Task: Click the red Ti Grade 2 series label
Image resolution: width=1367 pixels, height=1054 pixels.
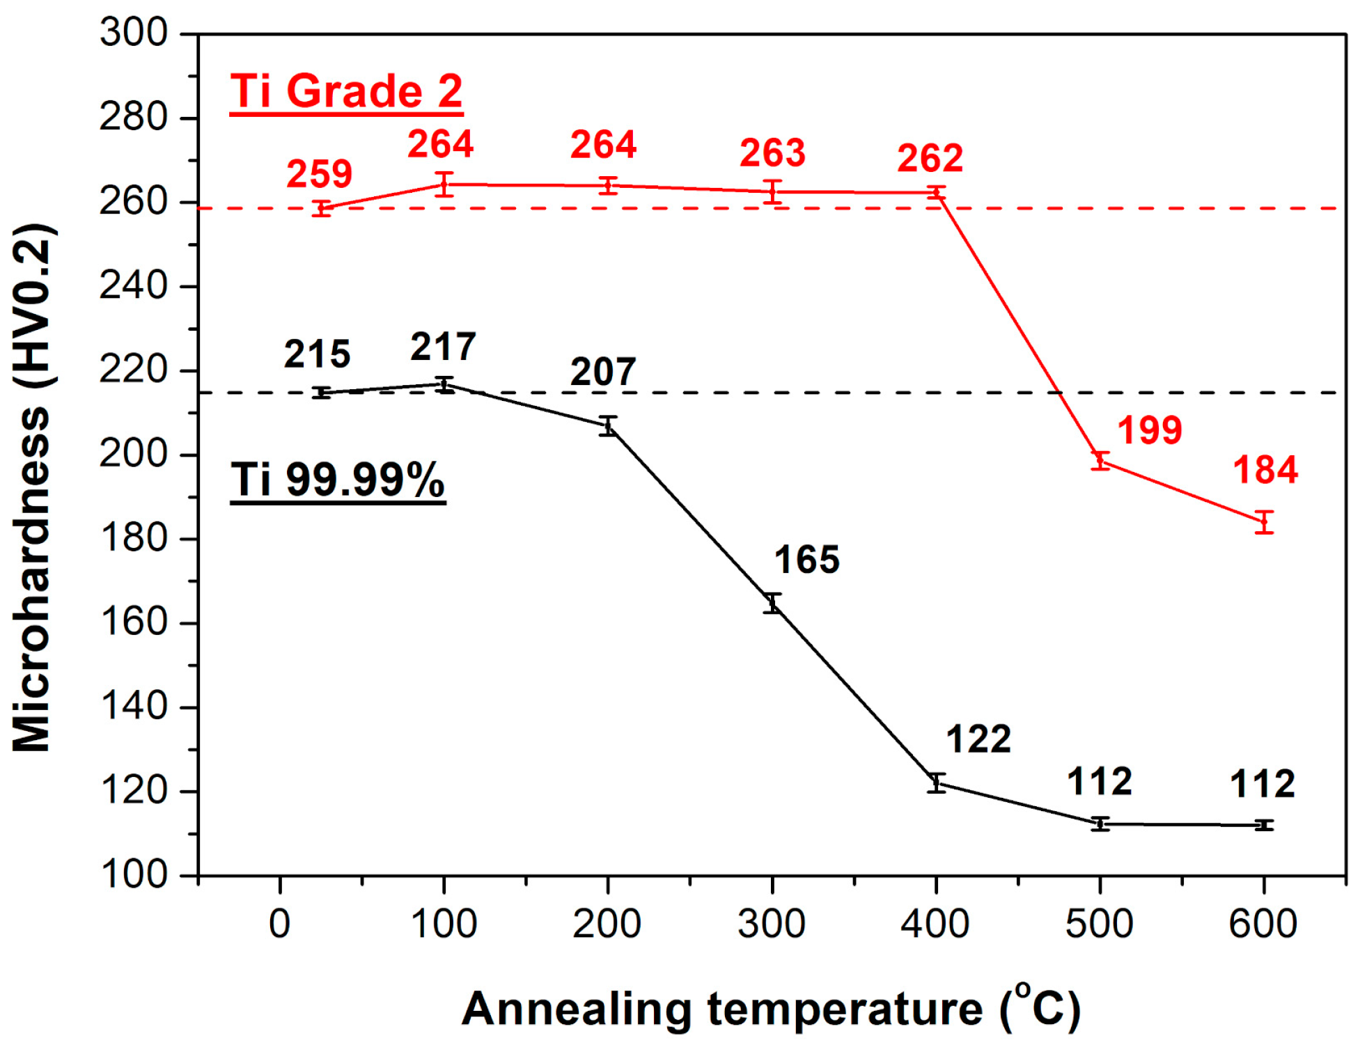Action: click(x=346, y=91)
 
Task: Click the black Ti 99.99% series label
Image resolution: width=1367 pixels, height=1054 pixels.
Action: click(x=338, y=480)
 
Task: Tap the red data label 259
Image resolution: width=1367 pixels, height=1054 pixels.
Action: click(x=319, y=174)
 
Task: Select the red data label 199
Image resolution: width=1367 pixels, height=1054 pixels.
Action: click(x=1149, y=430)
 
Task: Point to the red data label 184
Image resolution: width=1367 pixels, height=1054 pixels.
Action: click(x=1265, y=470)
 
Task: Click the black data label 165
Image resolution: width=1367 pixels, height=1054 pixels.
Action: click(x=806, y=560)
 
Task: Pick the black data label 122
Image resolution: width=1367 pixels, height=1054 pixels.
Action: click(x=978, y=739)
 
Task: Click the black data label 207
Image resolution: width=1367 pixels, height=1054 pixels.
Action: click(x=603, y=372)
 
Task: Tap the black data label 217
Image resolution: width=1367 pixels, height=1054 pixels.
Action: click(x=443, y=347)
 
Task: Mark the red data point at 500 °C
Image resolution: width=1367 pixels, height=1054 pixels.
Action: click(x=1100, y=460)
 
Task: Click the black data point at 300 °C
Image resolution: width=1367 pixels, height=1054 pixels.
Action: click(x=772, y=604)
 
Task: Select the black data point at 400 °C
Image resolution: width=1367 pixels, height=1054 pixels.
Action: click(x=937, y=783)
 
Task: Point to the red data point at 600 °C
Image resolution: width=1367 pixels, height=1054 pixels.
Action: click(x=1265, y=521)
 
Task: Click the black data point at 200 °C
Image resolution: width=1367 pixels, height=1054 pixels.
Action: click(x=608, y=426)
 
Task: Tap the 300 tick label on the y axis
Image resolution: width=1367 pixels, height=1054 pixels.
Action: click(x=134, y=33)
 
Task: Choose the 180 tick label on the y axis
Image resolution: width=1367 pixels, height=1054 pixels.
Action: click(x=134, y=538)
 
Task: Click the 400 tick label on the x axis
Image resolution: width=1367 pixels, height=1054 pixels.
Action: click(x=935, y=925)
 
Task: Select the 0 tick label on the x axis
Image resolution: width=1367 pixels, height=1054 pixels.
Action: click(x=279, y=925)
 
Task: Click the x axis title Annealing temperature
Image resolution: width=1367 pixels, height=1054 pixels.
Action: click(x=770, y=1009)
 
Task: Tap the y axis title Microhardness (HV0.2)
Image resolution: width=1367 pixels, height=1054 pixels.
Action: click(x=32, y=487)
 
